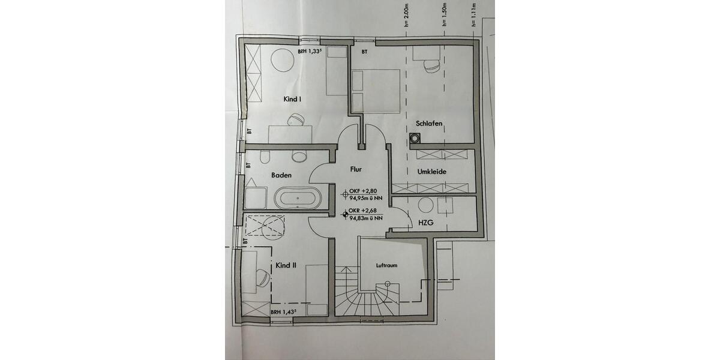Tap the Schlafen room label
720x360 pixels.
pyautogui.click(x=429, y=124)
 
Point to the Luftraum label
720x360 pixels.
pyautogui.click(x=387, y=265)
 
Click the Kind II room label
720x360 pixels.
pyautogui.click(x=286, y=265)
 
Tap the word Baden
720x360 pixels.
pyautogui.click(x=281, y=175)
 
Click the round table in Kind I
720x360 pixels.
pyautogui.click(x=280, y=60)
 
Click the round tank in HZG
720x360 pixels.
pyautogui.click(x=427, y=205)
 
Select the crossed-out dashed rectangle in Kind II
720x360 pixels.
pyautogui.click(x=265, y=227)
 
